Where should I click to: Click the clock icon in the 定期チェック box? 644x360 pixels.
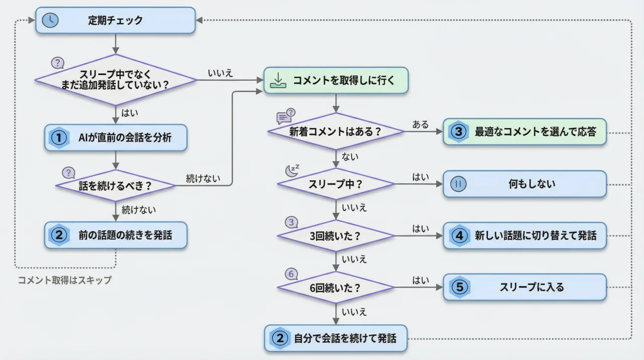(x=50, y=20)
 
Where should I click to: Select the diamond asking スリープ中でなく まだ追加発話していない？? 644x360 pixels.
(x=115, y=80)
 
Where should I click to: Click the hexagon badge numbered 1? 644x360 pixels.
(x=59, y=138)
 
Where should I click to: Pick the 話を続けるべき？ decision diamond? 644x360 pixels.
(x=115, y=185)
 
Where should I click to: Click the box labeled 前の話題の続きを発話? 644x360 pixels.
(x=116, y=236)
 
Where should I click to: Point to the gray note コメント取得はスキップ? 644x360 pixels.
(x=64, y=280)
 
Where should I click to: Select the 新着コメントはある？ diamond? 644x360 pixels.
(x=336, y=131)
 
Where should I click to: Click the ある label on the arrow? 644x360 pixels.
(x=421, y=124)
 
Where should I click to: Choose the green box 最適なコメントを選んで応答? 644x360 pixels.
(x=524, y=132)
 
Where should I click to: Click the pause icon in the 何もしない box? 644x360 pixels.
(x=458, y=184)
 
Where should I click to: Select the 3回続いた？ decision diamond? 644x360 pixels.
(x=336, y=236)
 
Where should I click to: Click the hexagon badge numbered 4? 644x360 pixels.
(x=459, y=236)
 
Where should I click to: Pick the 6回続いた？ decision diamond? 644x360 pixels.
(x=336, y=287)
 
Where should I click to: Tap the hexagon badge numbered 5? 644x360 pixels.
(x=459, y=287)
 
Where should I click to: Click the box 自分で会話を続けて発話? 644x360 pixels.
(x=336, y=338)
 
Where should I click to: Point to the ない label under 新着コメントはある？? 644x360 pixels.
(x=350, y=157)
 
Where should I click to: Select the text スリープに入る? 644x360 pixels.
(x=531, y=287)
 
